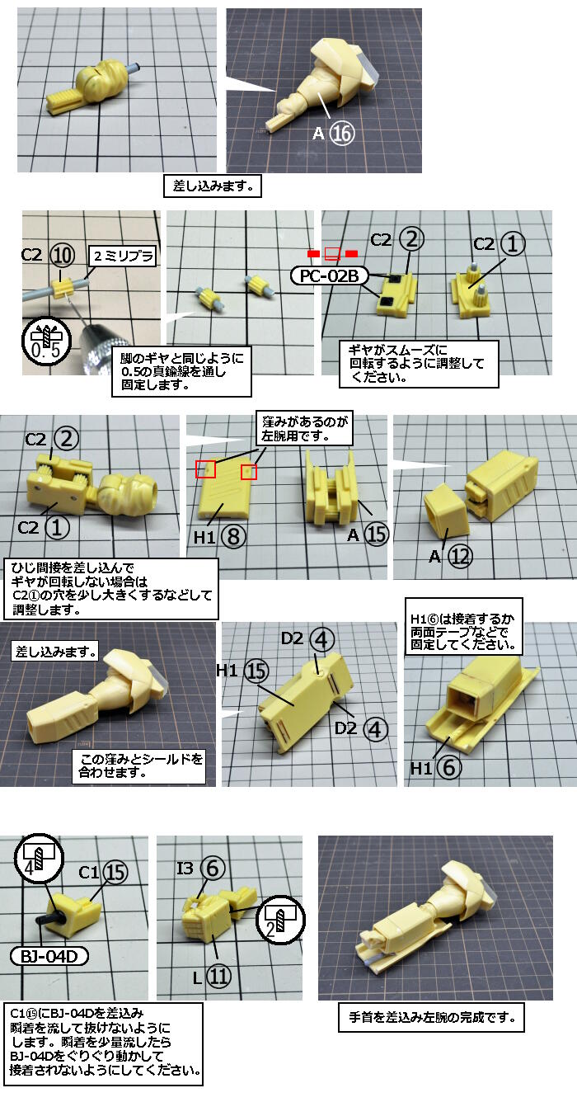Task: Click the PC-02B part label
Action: coord(329,276)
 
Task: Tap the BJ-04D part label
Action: coord(49,956)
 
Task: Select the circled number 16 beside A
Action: coord(341,134)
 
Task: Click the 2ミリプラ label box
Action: coord(123,257)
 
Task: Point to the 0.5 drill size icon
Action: coord(45,341)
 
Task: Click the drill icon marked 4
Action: coord(37,859)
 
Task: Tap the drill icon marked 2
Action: coord(280,920)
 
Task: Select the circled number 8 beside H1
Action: coord(233,536)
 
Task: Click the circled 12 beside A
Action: coord(460,557)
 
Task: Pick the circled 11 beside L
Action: coord(218,976)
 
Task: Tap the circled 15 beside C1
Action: coord(115,873)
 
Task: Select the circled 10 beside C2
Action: coord(63,255)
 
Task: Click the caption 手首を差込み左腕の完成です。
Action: coord(432,1017)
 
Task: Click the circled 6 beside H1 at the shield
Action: coord(448,767)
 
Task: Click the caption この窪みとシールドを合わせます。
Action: coord(139,766)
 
